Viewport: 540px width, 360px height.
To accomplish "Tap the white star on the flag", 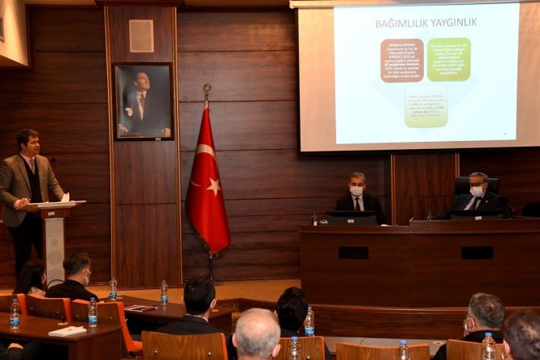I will tap(214, 186).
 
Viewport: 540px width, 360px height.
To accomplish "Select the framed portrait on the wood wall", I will tap(143, 101).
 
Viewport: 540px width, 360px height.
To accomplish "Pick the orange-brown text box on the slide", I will tap(401, 60).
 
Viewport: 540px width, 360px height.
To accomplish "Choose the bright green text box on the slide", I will tap(448, 60).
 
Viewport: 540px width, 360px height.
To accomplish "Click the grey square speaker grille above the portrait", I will tap(141, 35).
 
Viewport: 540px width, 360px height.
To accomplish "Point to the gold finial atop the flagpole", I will tap(207, 90).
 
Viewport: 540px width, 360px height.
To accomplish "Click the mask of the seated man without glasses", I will tap(357, 191).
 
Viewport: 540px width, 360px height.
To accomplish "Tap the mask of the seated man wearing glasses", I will tap(476, 192).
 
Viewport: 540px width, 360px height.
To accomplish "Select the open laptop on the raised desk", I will tap(352, 217).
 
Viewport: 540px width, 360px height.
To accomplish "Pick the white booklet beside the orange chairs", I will tap(67, 330).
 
